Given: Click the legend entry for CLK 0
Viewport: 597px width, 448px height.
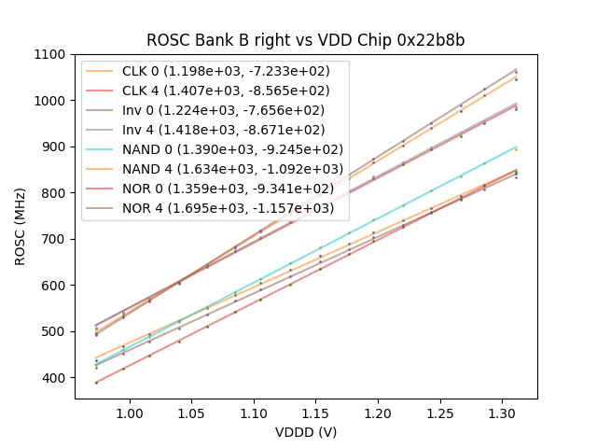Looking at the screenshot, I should (215, 71).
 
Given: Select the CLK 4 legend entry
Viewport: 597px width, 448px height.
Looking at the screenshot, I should (215, 91).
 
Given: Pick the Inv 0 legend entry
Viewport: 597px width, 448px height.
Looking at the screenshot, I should (215, 110).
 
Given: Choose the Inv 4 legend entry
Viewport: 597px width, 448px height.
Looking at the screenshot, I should (215, 130).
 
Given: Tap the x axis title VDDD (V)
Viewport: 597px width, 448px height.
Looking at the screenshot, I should (305, 432).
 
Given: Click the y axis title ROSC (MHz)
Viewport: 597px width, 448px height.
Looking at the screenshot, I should (21, 226).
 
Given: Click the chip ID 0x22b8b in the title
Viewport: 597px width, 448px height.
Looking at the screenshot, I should (432, 40).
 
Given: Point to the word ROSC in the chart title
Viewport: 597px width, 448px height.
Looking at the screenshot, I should (165, 40).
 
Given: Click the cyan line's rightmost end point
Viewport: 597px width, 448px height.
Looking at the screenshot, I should (517, 147).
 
